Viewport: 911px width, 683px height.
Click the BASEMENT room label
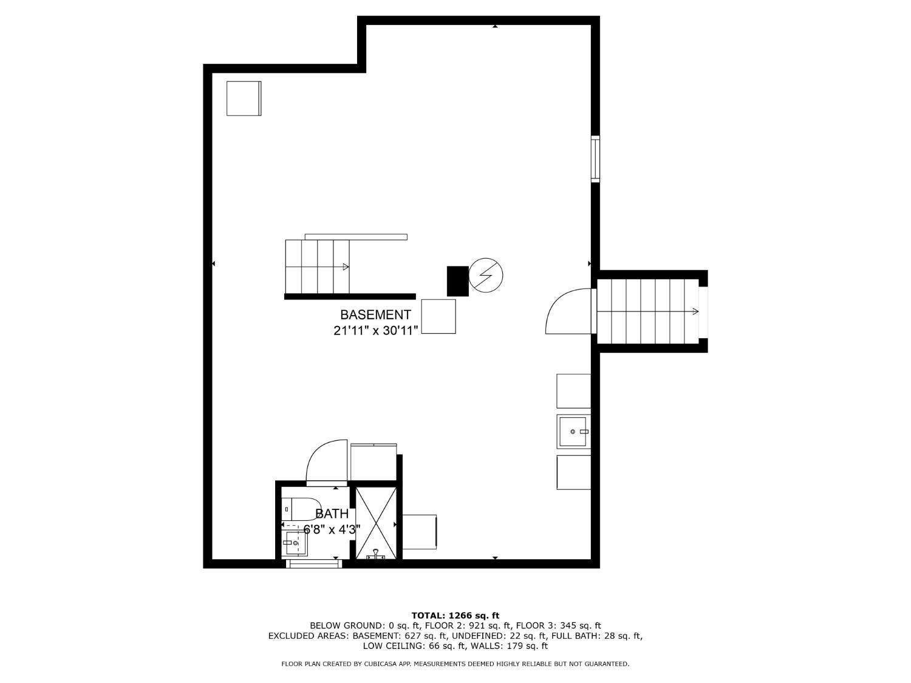coord(375,314)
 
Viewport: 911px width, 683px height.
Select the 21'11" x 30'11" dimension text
coord(375,331)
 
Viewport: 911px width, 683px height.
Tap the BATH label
coord(332,514)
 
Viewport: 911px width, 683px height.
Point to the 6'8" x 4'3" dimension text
coord(332,529)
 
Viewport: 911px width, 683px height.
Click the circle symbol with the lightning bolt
coord(486,275)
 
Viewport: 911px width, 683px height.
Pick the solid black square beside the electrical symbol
coord(457,281)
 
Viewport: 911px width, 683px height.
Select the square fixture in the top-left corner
coord(244,98)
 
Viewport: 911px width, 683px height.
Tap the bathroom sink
coord(296,543)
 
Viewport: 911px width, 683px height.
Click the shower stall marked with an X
coord(375,522)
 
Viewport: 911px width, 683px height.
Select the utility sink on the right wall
coord(573,431)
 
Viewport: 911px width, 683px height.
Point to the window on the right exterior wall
coord(595,159)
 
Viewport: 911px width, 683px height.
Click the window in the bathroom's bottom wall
coord(314,563)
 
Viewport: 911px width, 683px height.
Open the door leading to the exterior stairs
coord(568,312)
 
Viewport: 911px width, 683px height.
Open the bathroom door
coord(327,463)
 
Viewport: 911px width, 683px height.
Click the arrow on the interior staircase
coord(345,267)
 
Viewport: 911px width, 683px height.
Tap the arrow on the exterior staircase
coord(694,311)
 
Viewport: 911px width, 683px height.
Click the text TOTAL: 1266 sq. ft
coord(455,616)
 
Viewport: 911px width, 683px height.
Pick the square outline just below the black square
coord(438,316)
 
